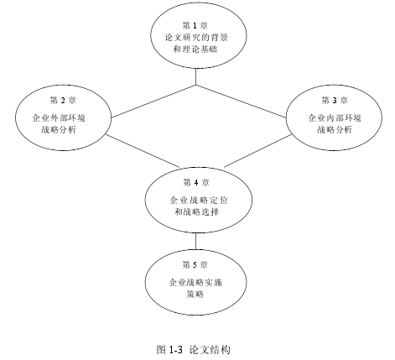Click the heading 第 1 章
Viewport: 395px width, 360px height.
195,26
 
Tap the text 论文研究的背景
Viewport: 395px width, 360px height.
196,38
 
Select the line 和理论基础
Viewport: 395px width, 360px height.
195,50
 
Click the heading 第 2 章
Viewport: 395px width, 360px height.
63,100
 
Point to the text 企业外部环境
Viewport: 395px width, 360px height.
59,118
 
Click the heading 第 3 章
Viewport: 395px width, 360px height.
335,100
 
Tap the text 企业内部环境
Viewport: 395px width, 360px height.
335,118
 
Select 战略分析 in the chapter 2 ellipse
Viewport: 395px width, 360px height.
59,130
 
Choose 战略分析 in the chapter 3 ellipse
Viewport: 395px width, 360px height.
335,130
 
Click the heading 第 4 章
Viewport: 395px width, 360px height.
196,182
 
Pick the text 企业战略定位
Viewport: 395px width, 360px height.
199,201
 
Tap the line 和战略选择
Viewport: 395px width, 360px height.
196,212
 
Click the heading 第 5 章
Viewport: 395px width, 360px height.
195,264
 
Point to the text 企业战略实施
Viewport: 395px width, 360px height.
195,283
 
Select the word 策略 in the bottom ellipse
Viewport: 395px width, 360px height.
195,295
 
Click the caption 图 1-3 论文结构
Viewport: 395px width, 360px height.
194,350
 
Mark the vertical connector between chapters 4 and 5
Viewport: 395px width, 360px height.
195,241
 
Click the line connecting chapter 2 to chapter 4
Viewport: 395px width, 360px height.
143,151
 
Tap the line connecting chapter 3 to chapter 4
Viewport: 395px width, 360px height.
258,151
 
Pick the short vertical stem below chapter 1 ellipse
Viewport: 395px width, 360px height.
195,76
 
